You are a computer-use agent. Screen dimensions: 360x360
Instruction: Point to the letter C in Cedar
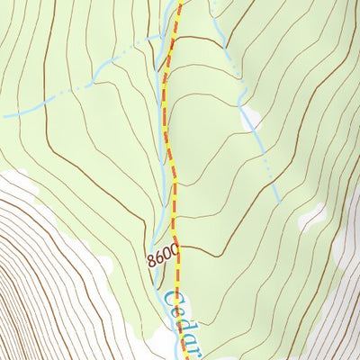tap(173, 300)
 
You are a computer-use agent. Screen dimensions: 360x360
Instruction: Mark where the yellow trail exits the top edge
tap(180, 2)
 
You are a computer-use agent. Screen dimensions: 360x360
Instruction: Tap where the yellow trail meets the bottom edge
tap(187, 357)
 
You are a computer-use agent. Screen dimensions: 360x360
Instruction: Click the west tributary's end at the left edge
tap(3, 115)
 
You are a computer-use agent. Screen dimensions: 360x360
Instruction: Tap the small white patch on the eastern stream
tap(251, 117)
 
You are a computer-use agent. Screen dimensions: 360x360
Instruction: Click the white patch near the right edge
tap(312, 217)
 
